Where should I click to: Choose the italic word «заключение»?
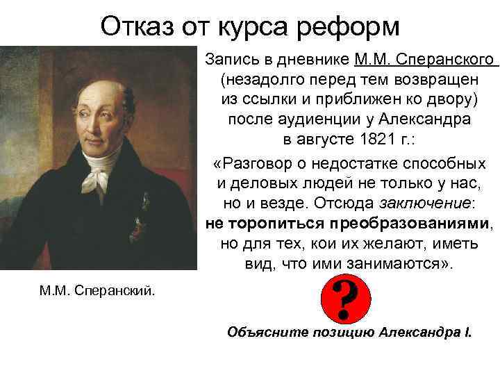coord(426,203)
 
